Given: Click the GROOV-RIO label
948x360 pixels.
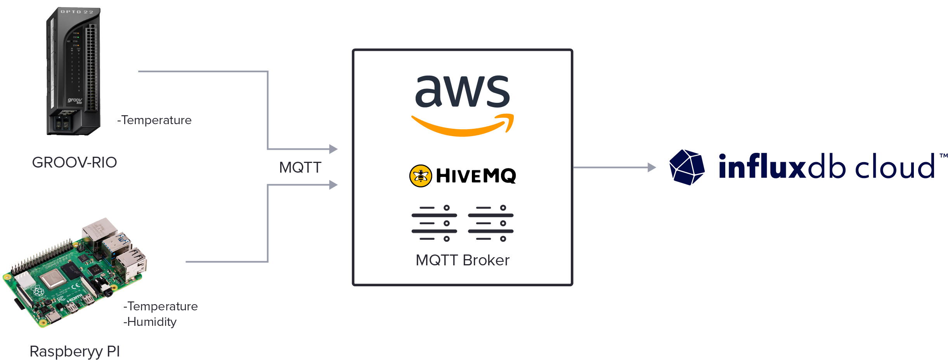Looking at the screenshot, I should click(74, 163).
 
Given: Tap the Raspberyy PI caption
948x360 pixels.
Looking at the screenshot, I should click(75, 351).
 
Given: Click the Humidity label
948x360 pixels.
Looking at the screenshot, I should click(151, 322).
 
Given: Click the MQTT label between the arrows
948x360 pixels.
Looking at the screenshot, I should click(300, 168).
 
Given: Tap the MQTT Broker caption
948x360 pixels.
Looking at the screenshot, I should click(462, 260).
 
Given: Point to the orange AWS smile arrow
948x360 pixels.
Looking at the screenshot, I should click(462, 126).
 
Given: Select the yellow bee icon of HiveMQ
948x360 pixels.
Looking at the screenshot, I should click(420, 176).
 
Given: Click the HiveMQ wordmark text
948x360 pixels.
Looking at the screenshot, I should click(476, 176).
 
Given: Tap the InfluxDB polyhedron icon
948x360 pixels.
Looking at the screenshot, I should click(687, 167).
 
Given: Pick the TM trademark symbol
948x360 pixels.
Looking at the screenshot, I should click(943, 156).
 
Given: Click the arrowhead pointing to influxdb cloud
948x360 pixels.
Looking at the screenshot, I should click(652, 168).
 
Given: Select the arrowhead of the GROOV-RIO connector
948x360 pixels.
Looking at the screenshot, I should click(333, 149).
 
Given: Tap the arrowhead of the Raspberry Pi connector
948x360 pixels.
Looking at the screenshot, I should click(333, 185).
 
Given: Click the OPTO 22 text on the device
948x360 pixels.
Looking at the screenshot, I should click(77, 12).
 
